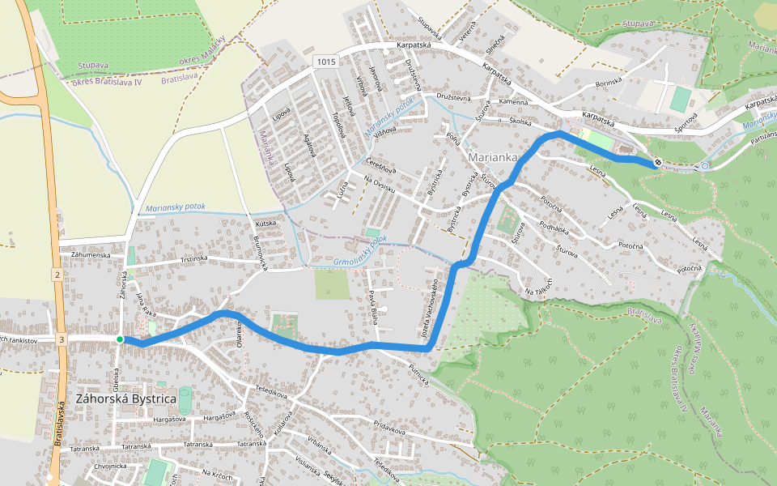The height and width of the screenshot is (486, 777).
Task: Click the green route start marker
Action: tap(120, 339)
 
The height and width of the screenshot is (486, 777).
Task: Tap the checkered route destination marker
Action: tap(659, 162)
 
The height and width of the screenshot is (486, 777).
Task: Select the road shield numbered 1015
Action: tap(325, 62)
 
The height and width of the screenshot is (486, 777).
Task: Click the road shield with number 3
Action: tap(62, 339)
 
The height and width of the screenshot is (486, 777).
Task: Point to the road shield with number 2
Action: tap(58, 276)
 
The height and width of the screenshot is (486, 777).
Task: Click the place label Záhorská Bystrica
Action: tap(125, 399)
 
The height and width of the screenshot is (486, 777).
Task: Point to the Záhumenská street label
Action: tap(90, 254)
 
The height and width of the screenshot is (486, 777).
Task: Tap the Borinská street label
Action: tap(608, 83)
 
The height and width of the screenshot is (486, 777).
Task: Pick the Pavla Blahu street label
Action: tap(373, 308)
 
